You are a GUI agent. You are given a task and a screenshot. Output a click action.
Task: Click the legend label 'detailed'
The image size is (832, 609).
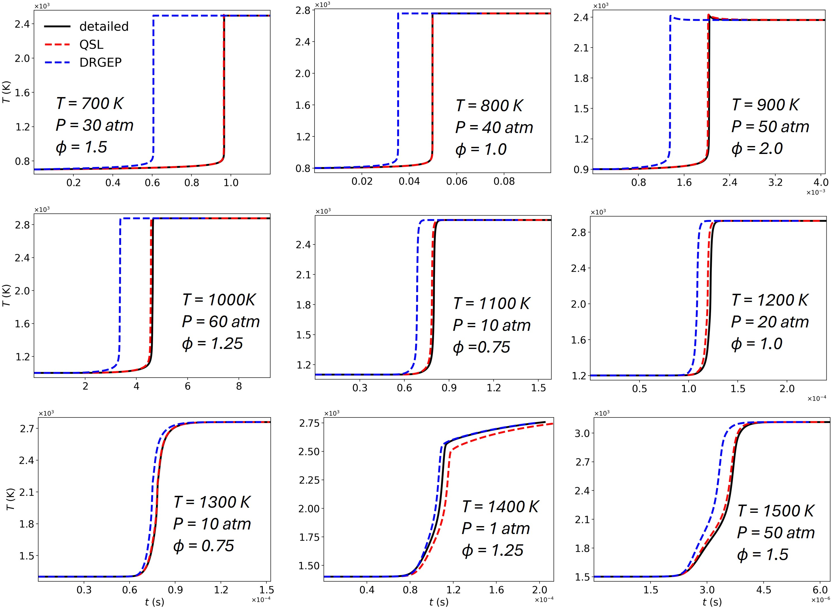point(104,27)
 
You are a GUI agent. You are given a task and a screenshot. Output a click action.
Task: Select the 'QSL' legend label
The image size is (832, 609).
point(91,45)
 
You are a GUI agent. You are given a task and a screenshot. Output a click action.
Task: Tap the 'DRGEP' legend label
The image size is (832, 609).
point(100,62)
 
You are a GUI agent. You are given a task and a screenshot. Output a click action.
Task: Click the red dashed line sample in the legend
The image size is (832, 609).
point(57,45)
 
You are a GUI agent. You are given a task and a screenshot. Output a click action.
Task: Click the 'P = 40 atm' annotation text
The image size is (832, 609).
point(494,128)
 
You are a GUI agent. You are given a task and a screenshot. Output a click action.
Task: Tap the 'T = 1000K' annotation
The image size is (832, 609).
point(218,300)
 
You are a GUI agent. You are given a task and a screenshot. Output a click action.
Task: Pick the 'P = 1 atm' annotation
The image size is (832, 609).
point(496,529)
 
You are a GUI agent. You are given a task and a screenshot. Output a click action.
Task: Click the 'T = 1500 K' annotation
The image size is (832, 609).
point(776,511)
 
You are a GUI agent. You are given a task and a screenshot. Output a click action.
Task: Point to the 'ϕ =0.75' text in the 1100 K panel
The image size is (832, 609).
point(481,347)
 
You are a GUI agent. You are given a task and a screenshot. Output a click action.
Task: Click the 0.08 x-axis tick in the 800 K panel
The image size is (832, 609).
point(504,181)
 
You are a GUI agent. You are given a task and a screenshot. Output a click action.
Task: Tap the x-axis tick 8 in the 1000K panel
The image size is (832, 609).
point(239,386)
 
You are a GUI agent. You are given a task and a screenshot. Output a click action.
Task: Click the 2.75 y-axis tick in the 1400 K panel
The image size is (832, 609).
point(309,423)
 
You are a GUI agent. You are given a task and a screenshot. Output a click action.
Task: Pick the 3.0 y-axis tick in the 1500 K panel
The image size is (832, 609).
point(582,433)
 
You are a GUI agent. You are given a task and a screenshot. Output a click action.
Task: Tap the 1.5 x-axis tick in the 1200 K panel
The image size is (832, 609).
point(738,389)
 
